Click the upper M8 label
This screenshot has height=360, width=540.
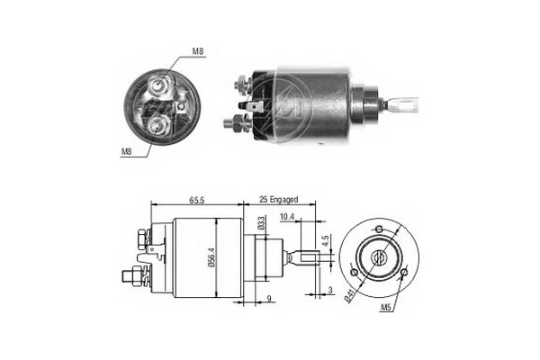(197, 50)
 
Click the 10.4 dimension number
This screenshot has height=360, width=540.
(288, 217)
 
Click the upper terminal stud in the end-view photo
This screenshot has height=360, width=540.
(159, 85)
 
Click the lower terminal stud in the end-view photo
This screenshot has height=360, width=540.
(159, 121)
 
